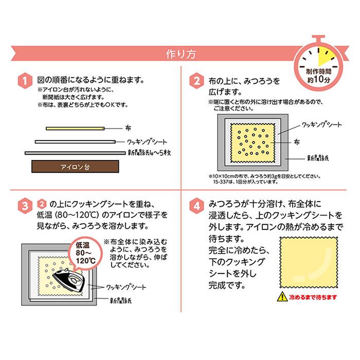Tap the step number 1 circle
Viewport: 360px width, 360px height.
click(x=23, y=82)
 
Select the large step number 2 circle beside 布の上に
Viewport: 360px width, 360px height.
click(x=195, y=82)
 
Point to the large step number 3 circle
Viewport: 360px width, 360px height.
click(x=23, y=205)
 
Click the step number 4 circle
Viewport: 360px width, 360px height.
click(x=195, y=205)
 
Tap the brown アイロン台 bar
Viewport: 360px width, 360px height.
click(x=75, y=166)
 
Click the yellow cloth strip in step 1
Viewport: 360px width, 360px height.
click(x=75, y=128)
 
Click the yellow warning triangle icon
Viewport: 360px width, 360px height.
click(x=281, y=297)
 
